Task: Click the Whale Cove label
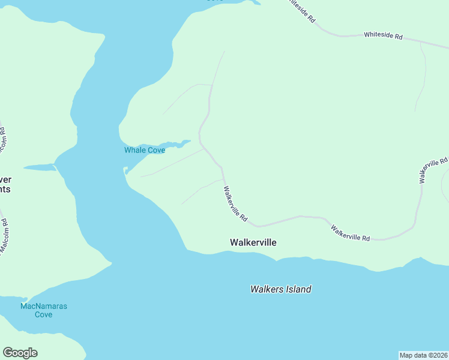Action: [x=144, y=150]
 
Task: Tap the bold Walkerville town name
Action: [x=253, y=242]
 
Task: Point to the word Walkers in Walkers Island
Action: [x=265, y=289]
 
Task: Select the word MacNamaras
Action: [x=43, y=306]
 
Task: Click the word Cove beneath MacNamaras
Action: [x=43, y=314]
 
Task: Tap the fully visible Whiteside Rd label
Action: [x=382, y=35]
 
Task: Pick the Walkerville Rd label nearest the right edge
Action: [x=433, y=170]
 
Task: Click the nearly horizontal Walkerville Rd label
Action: [x=350, y=233]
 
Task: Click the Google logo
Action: [x=20, y=353]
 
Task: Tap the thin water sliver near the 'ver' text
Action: [x=40, y=167]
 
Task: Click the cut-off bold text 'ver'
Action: [x=5, y=179]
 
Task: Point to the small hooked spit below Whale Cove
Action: [x=127, y=172]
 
